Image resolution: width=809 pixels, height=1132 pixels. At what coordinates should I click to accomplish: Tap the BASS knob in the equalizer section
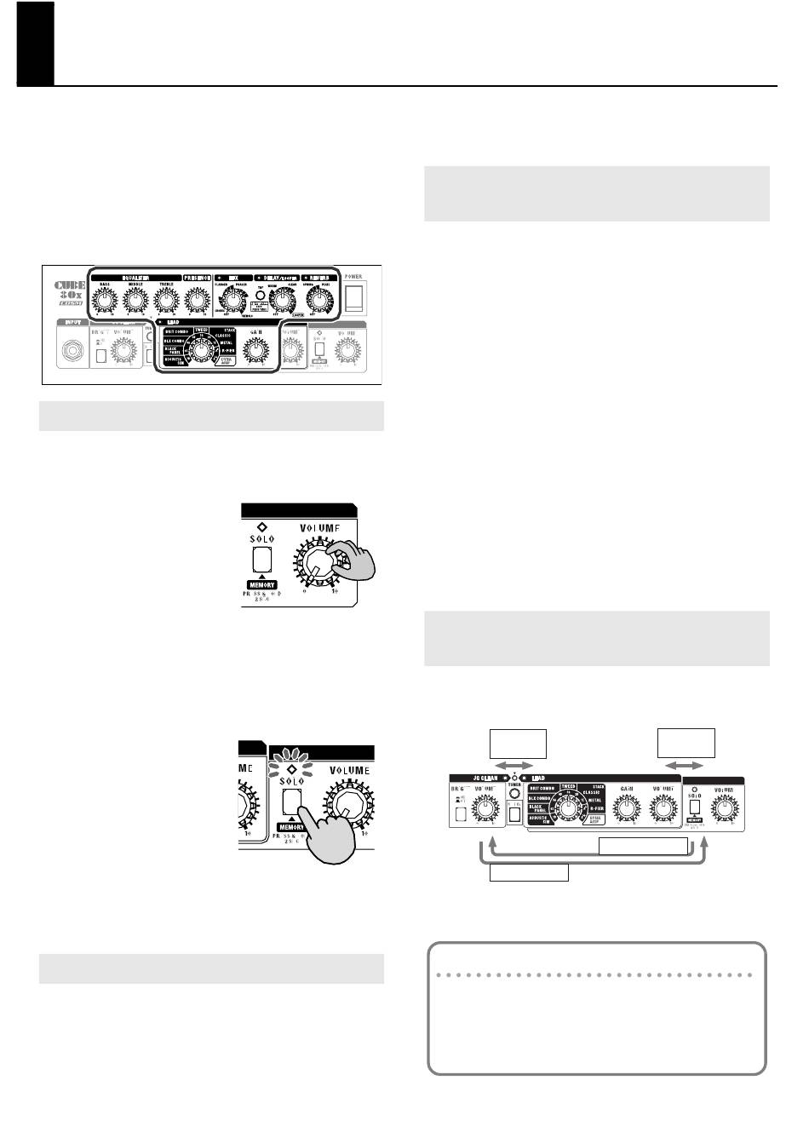[104, 300]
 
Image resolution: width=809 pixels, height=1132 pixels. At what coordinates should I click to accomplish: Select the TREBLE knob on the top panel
[164, 300]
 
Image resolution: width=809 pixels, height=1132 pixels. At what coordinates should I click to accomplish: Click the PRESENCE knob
[197, 300]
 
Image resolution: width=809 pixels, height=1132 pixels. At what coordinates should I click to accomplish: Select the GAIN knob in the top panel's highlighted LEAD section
[254, 350]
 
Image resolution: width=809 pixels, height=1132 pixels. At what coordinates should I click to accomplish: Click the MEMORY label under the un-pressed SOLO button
[263, 585]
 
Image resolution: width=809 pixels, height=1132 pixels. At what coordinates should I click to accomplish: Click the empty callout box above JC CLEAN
[518, 742]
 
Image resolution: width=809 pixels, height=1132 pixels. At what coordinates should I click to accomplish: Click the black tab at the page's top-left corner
[35, 43]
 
